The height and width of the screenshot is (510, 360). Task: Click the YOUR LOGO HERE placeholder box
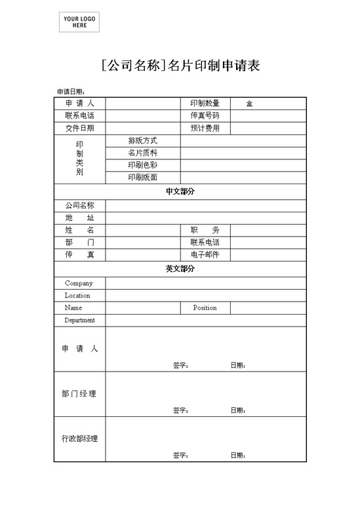click(79, 22)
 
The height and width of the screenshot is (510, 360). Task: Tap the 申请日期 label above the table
click(71, 92)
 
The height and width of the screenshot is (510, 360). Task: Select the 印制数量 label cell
click(205, 103)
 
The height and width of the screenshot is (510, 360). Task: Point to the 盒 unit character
click(250, 104)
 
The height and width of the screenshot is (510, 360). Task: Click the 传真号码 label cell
click(205, 115)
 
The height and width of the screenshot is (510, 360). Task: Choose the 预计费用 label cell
click(205, 128)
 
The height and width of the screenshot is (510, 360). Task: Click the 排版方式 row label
click(142, 140)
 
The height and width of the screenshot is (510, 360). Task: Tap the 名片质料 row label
click(142, 153)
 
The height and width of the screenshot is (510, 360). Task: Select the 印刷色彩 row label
click(142, 165)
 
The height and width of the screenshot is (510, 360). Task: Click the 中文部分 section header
click(180, 191)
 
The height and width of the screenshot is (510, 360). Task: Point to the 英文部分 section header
click(180, 269)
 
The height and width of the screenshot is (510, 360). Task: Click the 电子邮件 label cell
click(205, 254)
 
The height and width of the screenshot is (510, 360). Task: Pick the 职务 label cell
click(205, 230)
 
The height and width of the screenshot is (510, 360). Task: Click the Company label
click(79, 283)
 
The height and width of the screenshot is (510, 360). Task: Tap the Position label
click(205, 307)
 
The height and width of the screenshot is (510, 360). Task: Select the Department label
click(79, 320)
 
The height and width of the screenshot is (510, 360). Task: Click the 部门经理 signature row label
click(79, 393)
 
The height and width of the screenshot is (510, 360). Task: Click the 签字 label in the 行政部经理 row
click(181, 455)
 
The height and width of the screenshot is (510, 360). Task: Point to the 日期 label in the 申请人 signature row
click(238, 365)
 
